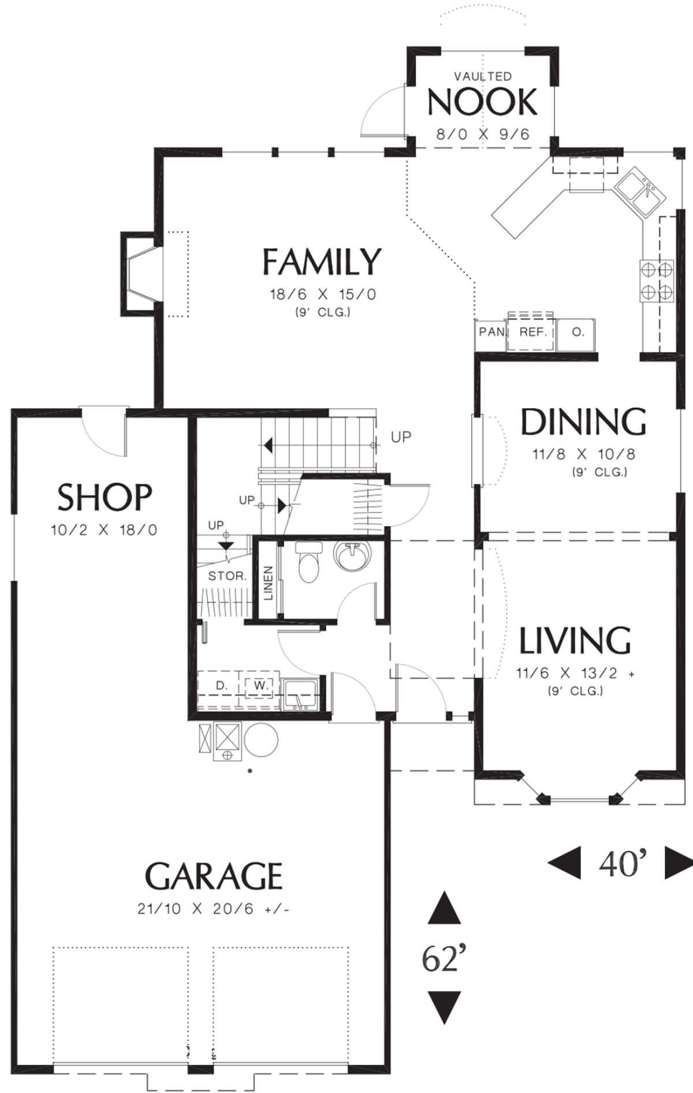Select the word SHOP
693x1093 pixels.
point(105,497)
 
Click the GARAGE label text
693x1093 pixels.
point(214,876)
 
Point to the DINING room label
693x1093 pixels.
point(583,421)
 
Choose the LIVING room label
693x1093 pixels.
point(575,640)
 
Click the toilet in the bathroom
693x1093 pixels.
point(307,562)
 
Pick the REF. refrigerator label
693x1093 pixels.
point(530,332)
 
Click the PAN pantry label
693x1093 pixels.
point(491,332)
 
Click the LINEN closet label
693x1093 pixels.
point(269,582)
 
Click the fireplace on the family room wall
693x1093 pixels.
point(139,274)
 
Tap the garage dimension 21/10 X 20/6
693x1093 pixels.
point(213,909)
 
